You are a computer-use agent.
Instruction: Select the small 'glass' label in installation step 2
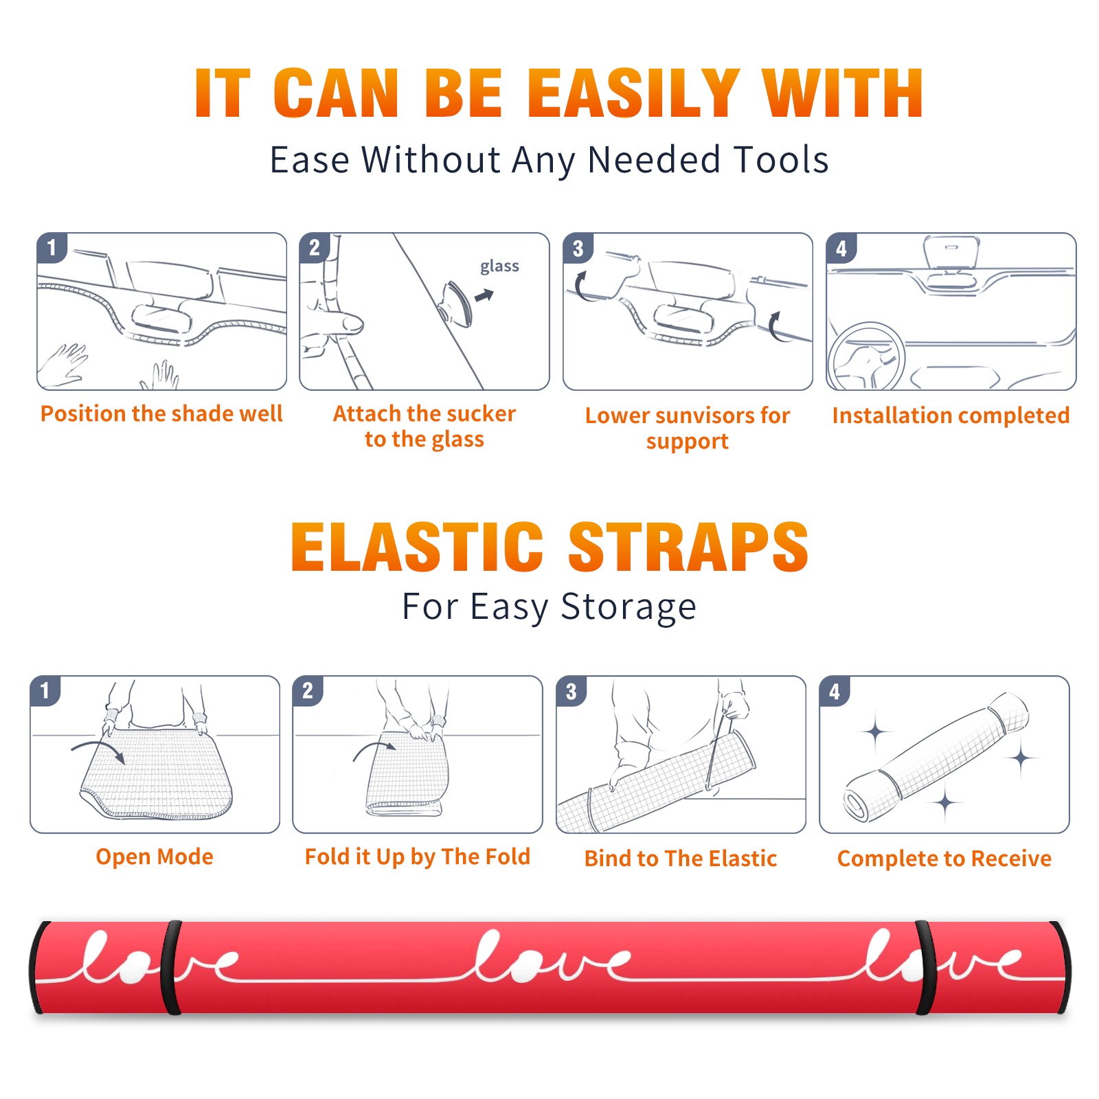pos(499,267)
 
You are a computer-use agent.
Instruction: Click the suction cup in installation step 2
pos(457,303)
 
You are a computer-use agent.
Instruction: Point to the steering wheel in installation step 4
pos(865,356)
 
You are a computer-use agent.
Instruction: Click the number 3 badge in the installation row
pos(578,249)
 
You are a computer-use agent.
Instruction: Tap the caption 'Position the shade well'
pos(161,413)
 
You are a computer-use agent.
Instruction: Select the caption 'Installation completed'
pos(951,415)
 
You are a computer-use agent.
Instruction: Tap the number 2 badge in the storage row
pos(308,691)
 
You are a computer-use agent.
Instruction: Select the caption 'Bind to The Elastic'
pos(681,859)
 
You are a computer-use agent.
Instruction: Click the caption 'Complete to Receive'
pos(944,859)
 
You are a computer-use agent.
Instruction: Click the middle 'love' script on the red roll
pos(549,956)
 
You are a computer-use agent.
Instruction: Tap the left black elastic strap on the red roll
pos(171,967)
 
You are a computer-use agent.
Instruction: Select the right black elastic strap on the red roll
pos(925,967)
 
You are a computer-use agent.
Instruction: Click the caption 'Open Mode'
pos(155,857)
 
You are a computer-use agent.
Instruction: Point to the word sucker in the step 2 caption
pos(480,413)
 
